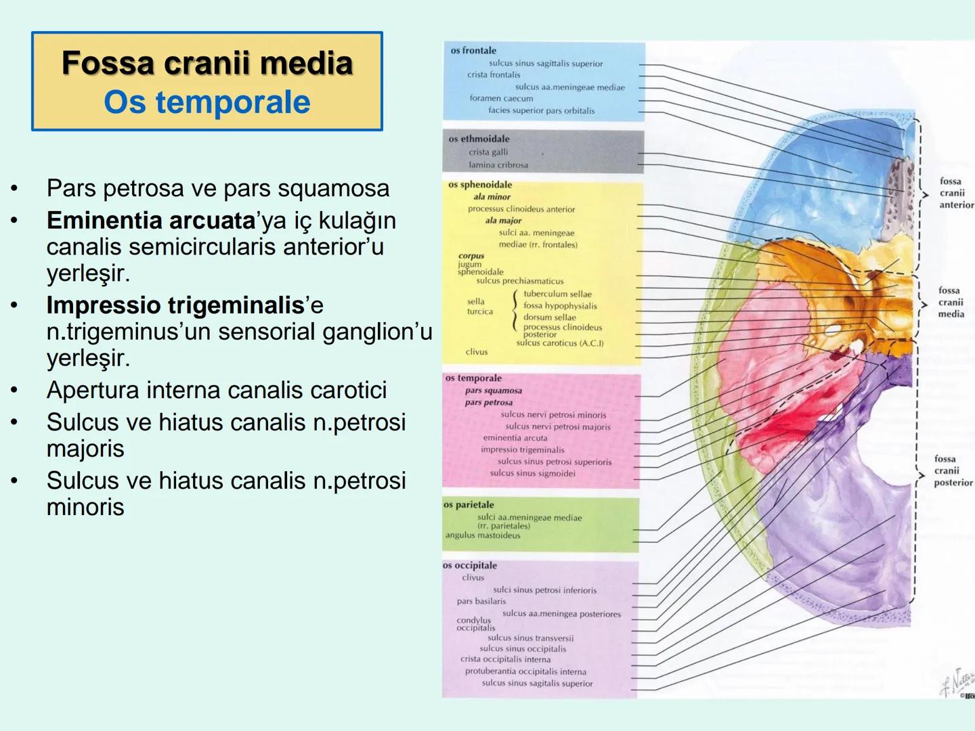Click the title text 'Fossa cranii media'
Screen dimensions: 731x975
pyautogui.click(x=207, y=63)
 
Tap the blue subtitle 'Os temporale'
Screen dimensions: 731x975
pyautogui.click(x=207, y=102)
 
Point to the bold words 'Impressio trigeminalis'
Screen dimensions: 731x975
pyautogui.click(x=175, y=305)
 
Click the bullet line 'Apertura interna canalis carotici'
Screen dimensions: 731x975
pyautogui.click(x=217, y=390)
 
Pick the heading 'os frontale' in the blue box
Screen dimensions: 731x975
pyautogui.click(x=473, y=51)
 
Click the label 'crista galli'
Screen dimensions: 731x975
pyautogui.click(x=488, y=152)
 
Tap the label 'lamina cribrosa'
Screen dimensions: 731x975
pyautogui.click(x=498, y=165)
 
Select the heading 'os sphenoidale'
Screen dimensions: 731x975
pyautogui.click(x=480, y=185)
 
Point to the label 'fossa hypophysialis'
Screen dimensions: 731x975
pyautogui.click(x=560, y=306)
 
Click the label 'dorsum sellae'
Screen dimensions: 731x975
pyautogui.click(x=549, y=317)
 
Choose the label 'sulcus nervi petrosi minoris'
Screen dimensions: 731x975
pyautogui.click(x=553, y=415)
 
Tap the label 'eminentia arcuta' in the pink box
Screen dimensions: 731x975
pyautogui.click(x=515, y=438)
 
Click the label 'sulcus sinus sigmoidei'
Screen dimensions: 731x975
pyautogui.click(x=532, y=473)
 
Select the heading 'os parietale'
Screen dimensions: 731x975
pyautogui.click(x=469, y=505)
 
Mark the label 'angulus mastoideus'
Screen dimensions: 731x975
pyautogui.click(x=483, y=535)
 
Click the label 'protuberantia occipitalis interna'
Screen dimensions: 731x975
pyautogui.click(x=525, y=671)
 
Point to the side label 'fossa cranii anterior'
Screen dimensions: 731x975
pyautogui.click(x=955, y=193)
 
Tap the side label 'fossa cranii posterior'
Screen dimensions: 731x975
pyautogui.click(x=952, y=470)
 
